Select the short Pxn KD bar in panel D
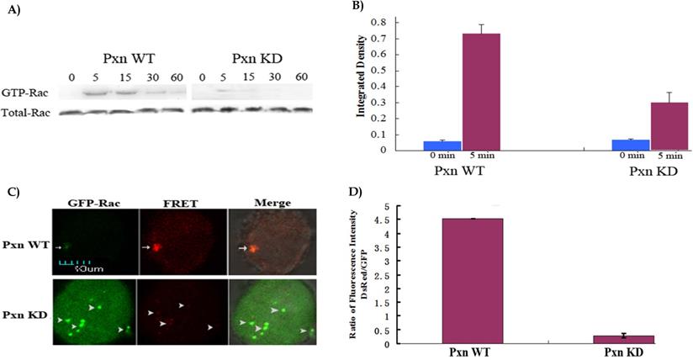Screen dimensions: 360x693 click(x=631, y=339)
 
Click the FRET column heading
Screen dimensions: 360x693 click(x=177, y=203)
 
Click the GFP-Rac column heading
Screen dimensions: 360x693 click(x=85, y=203)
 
